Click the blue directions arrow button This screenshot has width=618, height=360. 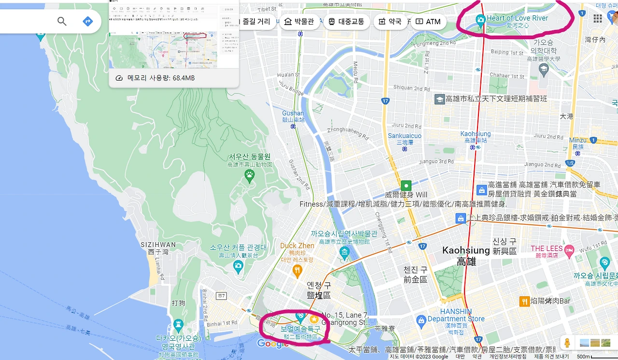[x=87, y=21]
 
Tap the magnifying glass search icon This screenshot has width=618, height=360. [x=62, y=21]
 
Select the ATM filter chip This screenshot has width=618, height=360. [x=428, y=22]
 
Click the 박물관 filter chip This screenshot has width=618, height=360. [x=299, y=22]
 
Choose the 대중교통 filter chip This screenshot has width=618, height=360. [x=346, y=22]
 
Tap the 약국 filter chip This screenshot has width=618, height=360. [x=390, y=22]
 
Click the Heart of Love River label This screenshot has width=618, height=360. [x=517, y=18]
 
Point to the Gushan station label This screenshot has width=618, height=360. [x=293, y=113]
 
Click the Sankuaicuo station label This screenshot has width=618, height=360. [x=405, y=136]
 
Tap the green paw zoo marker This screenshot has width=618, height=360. [x=250, y=177]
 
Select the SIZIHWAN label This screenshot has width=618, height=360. [x=158, y=245]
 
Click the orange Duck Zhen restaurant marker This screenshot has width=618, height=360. [x=297, y=271]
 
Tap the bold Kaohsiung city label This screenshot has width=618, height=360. [x=466, y=250]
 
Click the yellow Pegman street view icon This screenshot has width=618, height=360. [x=567, y=343]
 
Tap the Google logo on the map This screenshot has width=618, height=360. [x=273, y=344]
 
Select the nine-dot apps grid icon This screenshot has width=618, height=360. [x=598, y=18]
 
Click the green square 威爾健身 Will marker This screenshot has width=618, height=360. [x=406, y=185]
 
